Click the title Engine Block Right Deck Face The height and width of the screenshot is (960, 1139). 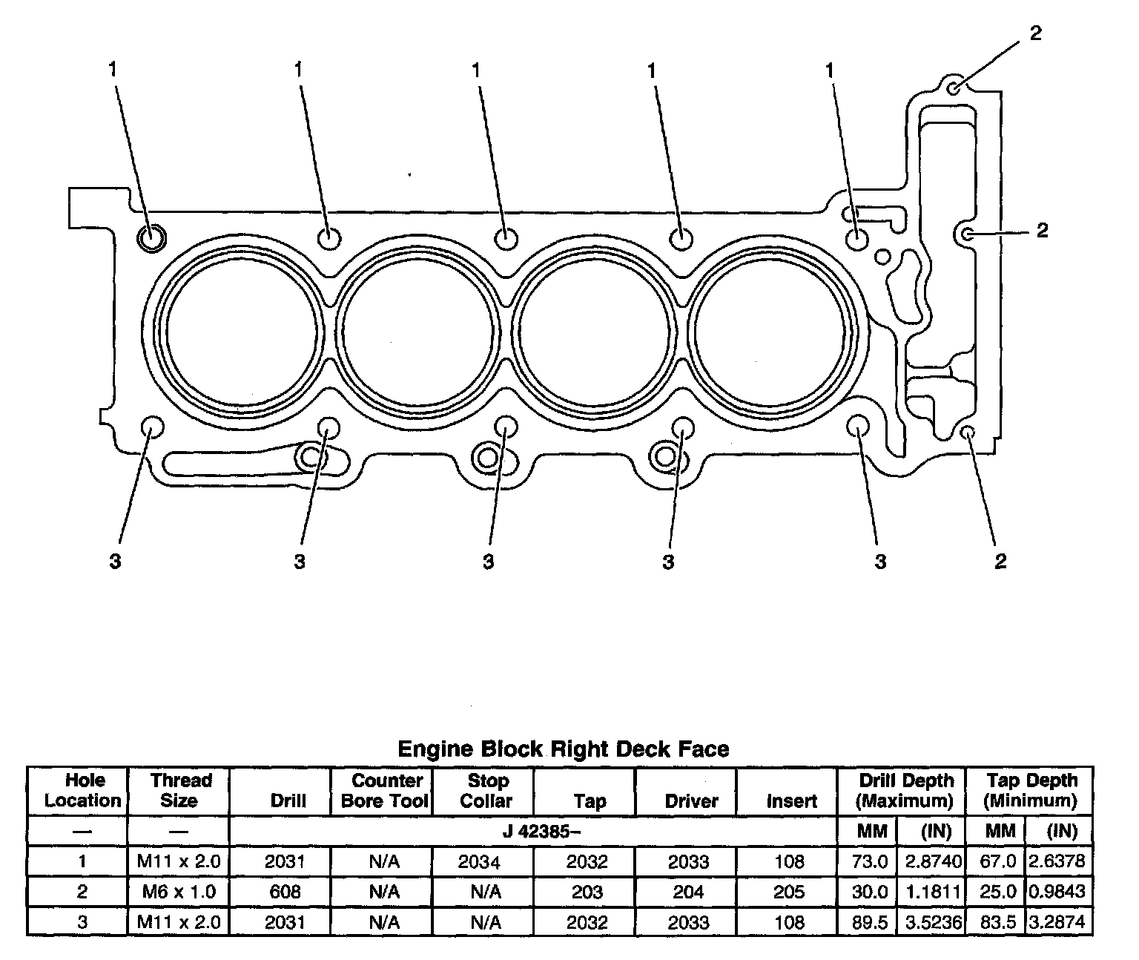coord(564,749)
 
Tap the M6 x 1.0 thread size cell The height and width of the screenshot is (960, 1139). coord(179,891)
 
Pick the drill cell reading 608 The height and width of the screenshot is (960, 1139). coord(285,891)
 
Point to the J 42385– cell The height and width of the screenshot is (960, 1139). coord(541,831)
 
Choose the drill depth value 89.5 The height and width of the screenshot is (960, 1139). coord(868,922)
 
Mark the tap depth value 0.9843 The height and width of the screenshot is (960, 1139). coord(1059,891)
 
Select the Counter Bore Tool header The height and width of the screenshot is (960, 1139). coord(384,790)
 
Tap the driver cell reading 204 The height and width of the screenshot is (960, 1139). coord(687,891)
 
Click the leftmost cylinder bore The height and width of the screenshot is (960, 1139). coord(242,328)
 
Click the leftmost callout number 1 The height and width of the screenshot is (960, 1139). coord(113,70)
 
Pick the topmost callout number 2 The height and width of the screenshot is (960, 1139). coord(1035,33)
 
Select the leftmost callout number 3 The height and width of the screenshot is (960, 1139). coord(115,562)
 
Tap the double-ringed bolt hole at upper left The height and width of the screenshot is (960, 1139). coord(152,237)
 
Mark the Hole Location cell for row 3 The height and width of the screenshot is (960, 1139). coord(82,922)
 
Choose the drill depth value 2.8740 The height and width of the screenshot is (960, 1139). coord(934,861)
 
